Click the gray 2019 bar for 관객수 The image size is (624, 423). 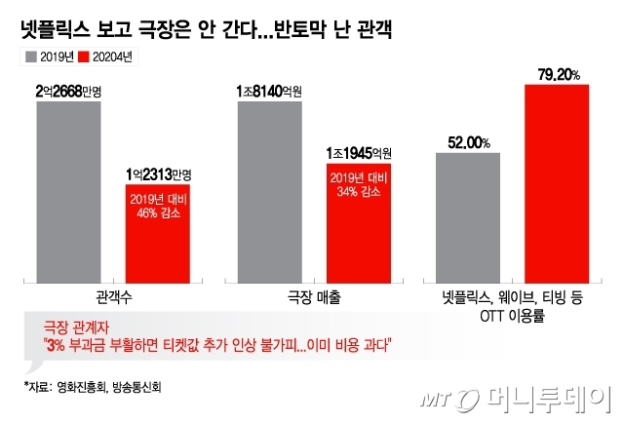pos(68,189)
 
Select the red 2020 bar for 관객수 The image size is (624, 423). pos(157,231)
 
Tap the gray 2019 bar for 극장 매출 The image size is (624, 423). pos(270,189)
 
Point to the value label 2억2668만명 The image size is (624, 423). pos(68,92)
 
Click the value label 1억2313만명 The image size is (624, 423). pos(157,174)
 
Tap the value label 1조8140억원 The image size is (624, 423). pos(270,92)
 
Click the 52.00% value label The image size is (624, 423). pos(467,143)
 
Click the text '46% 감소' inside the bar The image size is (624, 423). pos(157,211)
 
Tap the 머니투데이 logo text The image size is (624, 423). pos(546,399)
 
